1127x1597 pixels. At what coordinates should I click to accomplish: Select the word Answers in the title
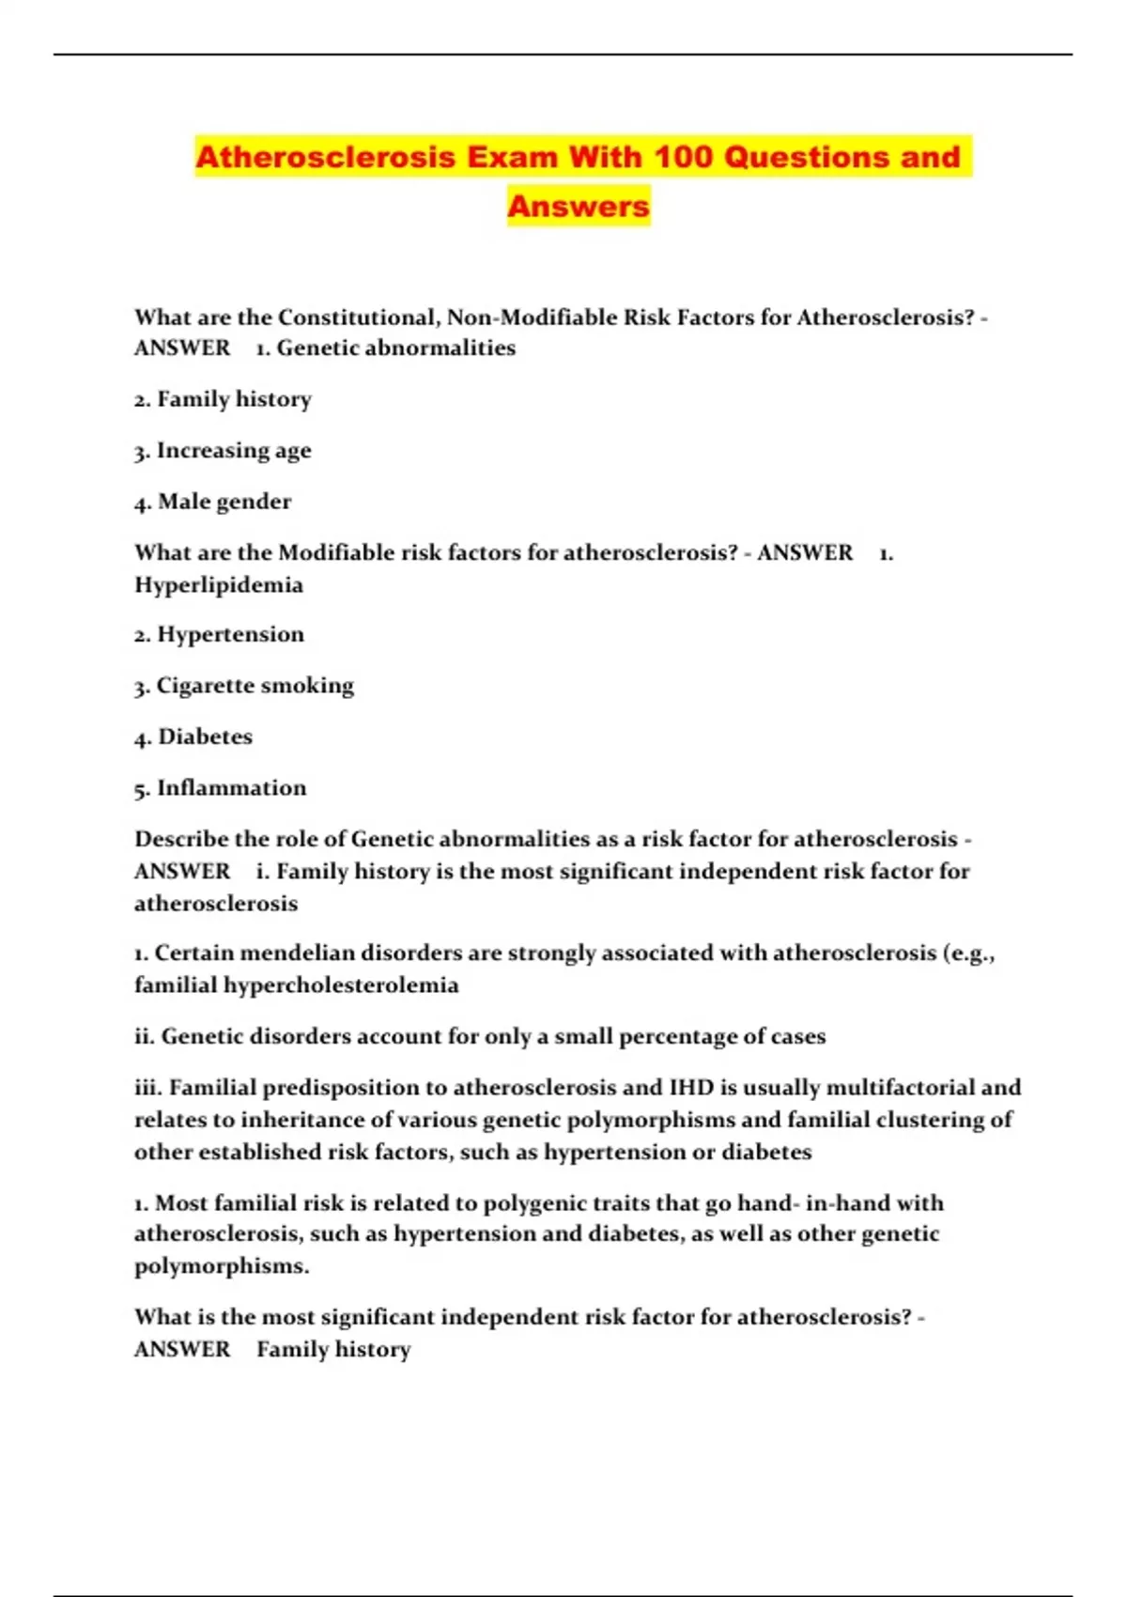point(579,206)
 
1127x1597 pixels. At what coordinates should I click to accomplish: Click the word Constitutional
point(358,318)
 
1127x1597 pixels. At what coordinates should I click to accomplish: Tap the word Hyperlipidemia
point(219,585)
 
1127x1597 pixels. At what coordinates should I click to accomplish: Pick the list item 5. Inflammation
point(220,788)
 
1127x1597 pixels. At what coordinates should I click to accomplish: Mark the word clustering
point(934,1120)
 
